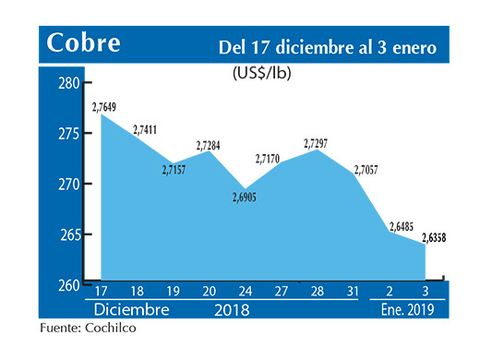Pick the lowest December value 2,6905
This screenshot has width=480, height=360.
pyautogui.click(x=246, y=196)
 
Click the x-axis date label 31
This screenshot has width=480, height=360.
pyautogui.click(x=351, y=292)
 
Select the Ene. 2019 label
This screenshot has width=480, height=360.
pyautogui.click(x=406, y=308)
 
